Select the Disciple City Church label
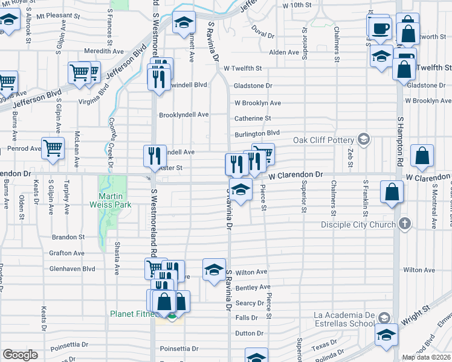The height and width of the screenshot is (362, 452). pos(360,224)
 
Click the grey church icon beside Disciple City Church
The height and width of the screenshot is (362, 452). pos(405,224)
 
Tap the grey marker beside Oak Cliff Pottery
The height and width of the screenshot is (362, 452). pos(363,140)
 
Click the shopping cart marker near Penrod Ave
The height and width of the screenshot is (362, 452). pos(53,148)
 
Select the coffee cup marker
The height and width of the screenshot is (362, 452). pos(380,29)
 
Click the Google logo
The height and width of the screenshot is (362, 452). pos(20,355)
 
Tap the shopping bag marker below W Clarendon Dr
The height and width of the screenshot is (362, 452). pos(392,194)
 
